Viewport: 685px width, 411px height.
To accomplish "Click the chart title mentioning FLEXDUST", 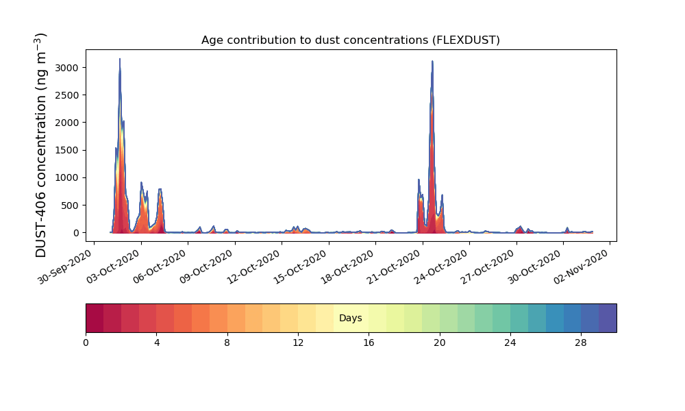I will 350,40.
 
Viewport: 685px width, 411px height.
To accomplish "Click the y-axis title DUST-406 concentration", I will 41,145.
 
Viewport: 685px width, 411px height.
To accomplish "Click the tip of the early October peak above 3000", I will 120,60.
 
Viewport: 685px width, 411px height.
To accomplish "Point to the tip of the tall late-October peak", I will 432,62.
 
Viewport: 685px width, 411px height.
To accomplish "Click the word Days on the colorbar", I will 351,318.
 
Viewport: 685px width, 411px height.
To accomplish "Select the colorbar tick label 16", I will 369,342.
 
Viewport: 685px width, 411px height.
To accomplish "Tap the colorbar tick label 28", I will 581,342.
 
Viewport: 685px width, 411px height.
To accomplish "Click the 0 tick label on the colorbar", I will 86,342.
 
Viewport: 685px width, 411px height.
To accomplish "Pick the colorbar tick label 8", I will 227,342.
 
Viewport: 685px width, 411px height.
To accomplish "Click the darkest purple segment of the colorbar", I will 608,318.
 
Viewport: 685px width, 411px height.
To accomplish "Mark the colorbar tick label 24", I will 510,342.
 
